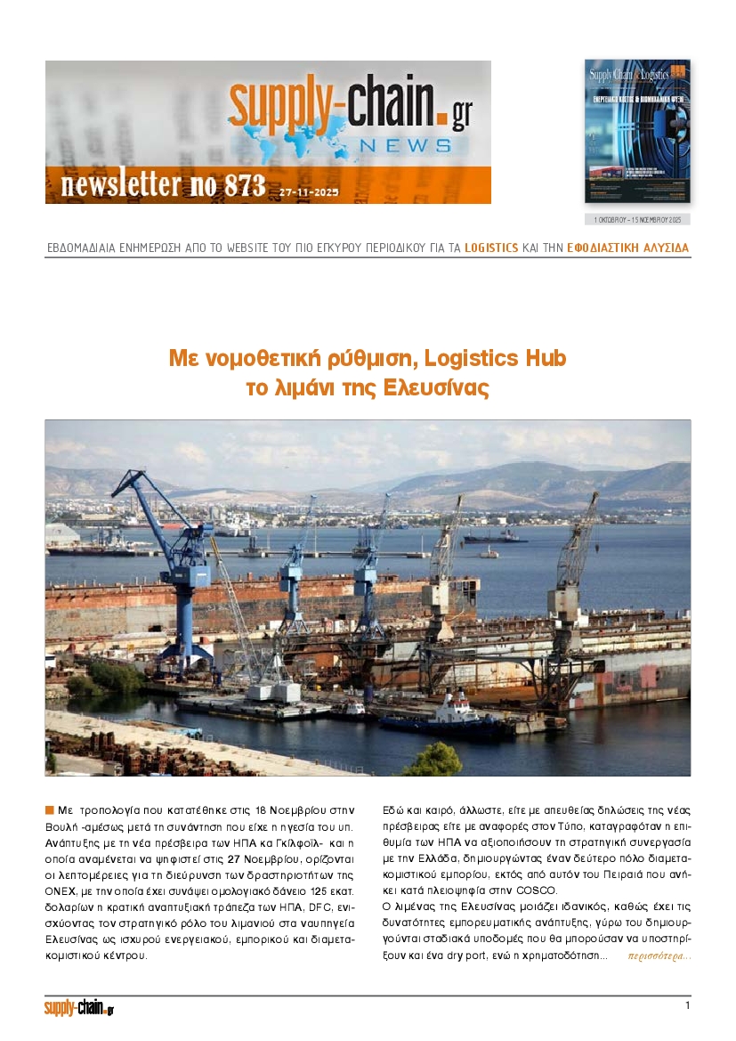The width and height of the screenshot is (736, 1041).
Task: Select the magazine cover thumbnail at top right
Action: [637, 130]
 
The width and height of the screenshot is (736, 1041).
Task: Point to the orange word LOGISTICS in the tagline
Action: [491, 248]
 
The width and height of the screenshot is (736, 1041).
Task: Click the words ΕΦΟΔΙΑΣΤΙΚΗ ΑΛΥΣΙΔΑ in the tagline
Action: [627, 248]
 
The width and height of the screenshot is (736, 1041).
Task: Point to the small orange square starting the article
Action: [50, 809]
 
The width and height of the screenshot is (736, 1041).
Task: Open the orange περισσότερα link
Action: [659, 956]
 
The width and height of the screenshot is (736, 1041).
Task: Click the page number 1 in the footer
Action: [687, 1005]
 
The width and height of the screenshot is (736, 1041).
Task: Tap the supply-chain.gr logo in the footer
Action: [79, 1008]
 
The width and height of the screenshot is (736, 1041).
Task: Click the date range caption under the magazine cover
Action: [637, 219]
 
